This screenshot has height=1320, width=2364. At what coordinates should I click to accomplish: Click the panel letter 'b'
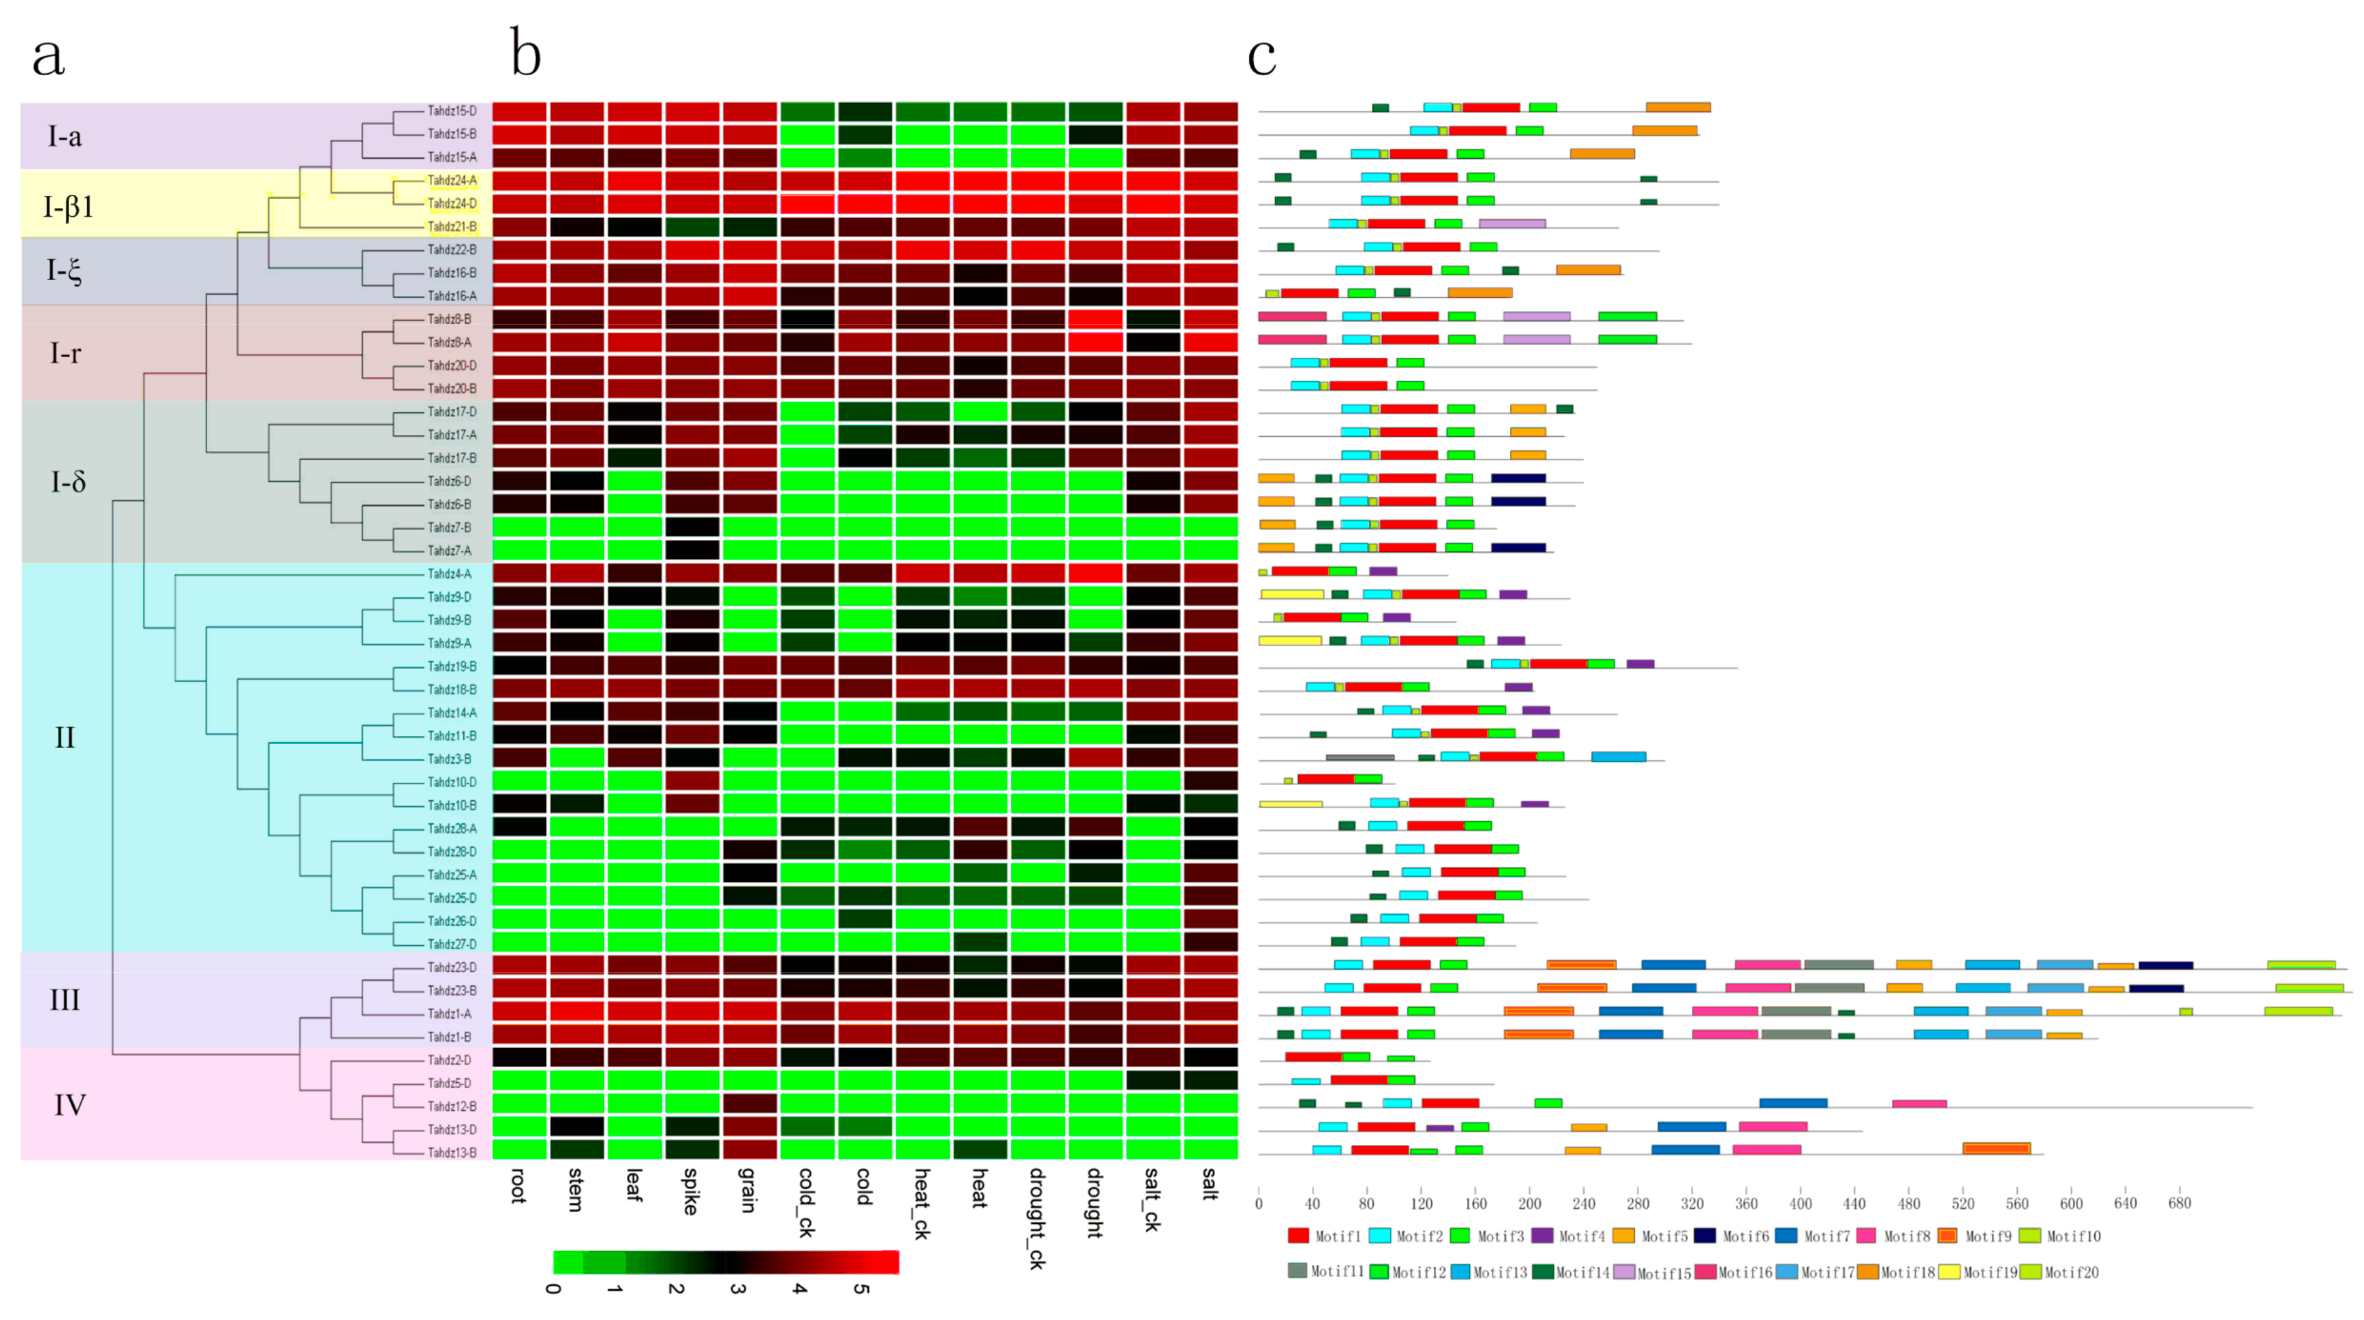(x=526, y=53)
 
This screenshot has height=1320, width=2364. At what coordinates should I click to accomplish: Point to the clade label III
(x=64, y=999)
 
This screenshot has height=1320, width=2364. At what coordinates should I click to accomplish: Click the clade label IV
(x=69, y=1105)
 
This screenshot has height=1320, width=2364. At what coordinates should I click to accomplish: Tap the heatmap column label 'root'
(x=519, y=1185)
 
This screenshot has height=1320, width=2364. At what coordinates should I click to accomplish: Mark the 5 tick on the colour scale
(x=861, y=1289)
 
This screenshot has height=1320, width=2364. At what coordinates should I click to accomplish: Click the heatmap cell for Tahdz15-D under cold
(x=864, y=112)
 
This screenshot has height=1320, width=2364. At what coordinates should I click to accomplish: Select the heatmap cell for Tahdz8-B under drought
(x=1096, y=319)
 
